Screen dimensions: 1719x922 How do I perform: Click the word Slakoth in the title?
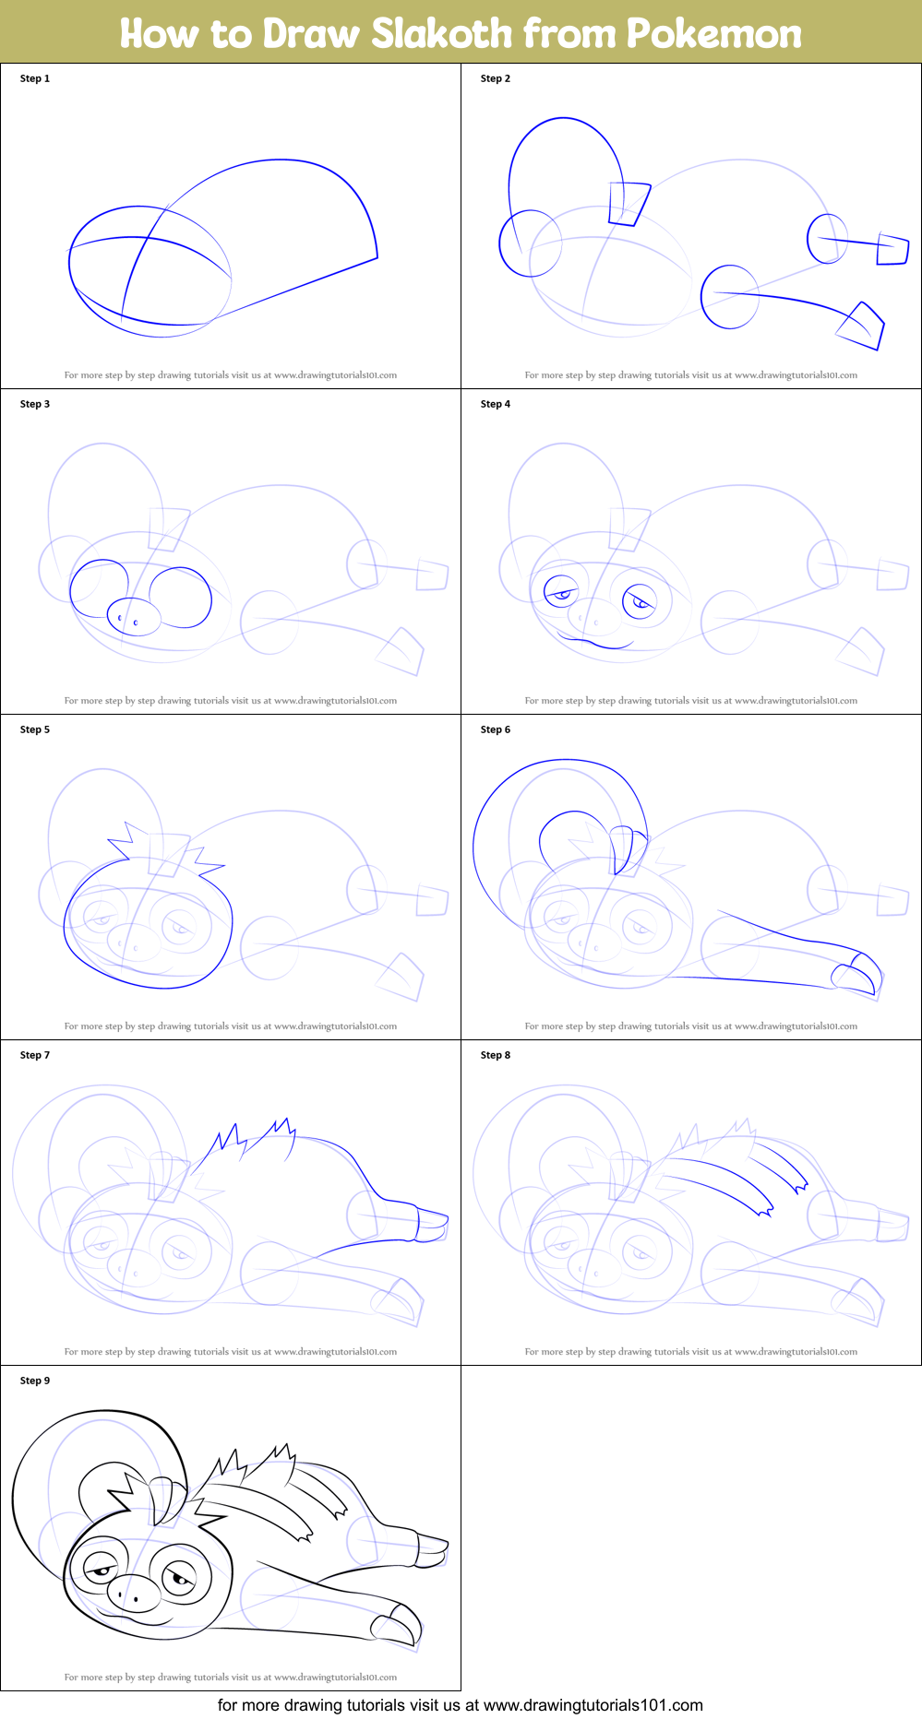coord(441,33)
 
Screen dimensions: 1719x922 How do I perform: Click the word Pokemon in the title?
coord(713,33)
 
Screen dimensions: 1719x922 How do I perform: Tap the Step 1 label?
coord(35,78)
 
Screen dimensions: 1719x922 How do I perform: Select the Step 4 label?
coord(496,404)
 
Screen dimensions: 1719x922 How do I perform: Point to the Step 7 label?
coord(35,1055)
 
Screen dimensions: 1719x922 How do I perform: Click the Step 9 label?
coord(35,1381)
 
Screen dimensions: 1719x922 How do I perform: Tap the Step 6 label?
coord(496,729)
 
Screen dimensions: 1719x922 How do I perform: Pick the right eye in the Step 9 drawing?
coord(180,1578)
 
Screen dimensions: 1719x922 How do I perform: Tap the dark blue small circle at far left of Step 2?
coord(530,243)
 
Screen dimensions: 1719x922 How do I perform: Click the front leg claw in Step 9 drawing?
coord(399,1627)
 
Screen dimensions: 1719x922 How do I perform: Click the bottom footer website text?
coord(460,1705)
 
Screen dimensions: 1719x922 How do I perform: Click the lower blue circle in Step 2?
coord(729,297)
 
